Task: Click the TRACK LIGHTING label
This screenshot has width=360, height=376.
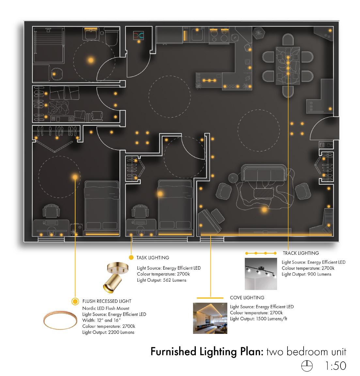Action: pos(301,253)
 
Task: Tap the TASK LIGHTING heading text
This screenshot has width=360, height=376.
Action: pos(153,258)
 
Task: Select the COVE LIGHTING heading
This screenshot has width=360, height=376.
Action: pos(247,298)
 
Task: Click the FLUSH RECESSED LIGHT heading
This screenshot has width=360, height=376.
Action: pos(107,301)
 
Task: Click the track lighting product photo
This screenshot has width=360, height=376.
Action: pos(261,274)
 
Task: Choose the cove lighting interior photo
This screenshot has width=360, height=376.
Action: pos(210,318)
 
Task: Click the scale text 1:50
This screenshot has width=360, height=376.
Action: pos(336,366)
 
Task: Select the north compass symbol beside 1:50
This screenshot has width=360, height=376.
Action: pos(306,366)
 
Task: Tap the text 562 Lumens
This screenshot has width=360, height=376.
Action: pos(175,280)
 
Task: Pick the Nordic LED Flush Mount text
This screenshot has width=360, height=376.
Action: pos(106,308)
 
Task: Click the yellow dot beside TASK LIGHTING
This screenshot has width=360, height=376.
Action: pos(131,258)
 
